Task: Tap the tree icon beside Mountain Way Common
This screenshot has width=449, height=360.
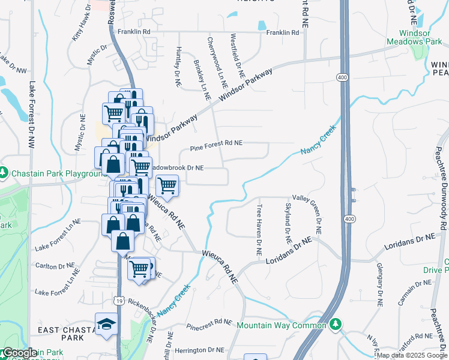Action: [x=336, y=325]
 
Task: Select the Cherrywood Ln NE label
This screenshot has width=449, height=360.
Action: [x=217, y=60]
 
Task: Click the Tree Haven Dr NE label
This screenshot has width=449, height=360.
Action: [x=260, y=230]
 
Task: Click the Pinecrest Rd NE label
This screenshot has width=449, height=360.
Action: [x=209, y=323]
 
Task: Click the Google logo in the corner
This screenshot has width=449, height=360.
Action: [x=19, y=353]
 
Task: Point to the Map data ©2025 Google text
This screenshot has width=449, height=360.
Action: [x=411, y=355]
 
